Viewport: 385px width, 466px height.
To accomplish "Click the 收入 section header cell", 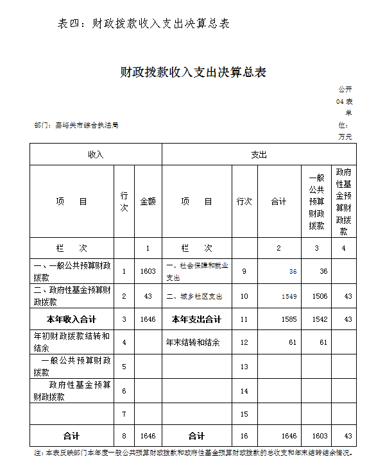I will pos(95,155).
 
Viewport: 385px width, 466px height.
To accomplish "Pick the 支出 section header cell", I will pos(259,155).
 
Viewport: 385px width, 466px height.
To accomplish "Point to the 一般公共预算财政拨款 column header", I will pos(316,201).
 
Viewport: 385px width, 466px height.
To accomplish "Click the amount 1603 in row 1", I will pos(148,271).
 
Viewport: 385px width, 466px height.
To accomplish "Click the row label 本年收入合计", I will pos(71,319).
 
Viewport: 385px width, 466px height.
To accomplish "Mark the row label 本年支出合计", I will pos(196,319).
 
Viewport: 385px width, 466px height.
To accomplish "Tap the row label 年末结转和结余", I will pos(193,342).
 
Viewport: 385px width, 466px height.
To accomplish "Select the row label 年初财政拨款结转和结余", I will pos(71,342).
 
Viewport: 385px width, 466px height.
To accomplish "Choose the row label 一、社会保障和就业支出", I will pos(197,271).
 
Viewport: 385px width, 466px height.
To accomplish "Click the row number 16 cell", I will pos(244,436).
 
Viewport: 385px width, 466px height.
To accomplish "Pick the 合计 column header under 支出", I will pos(278,201).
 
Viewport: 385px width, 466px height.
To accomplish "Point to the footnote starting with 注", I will pos(193,453).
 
